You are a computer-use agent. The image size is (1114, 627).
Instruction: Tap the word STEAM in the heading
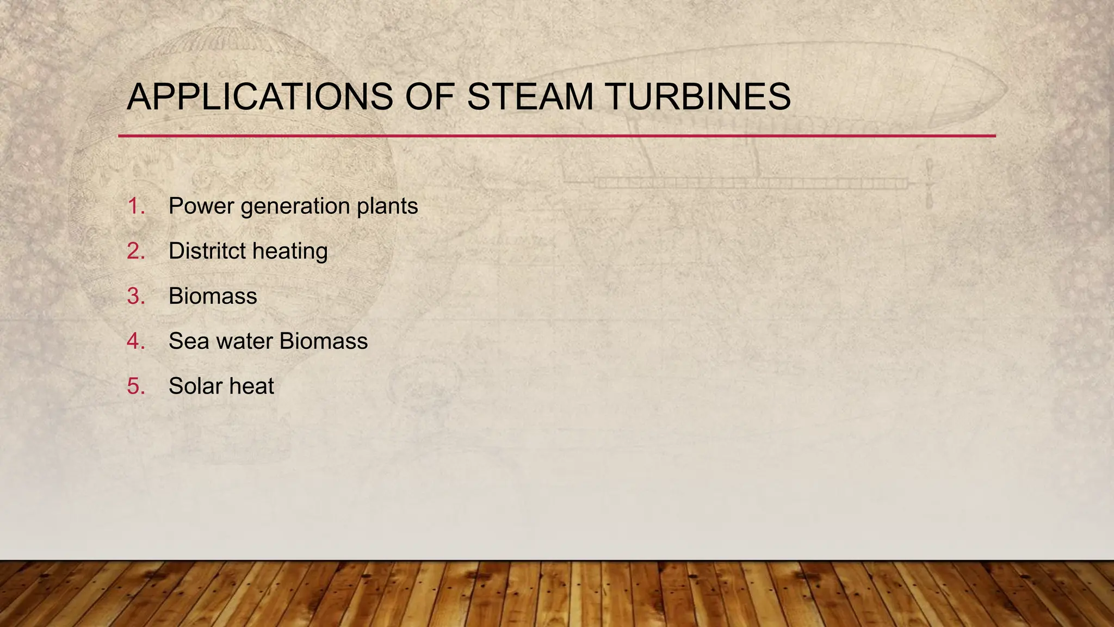[x=530, y=97]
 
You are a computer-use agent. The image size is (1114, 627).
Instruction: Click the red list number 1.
[x=135, y=206]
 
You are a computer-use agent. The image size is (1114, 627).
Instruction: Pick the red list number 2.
[x=135, y=251]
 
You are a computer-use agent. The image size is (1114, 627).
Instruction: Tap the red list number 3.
[x=135, y=297]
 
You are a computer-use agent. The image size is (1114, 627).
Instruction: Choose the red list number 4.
[x=135, y=342]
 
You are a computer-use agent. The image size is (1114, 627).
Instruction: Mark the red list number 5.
[x=135, y=386]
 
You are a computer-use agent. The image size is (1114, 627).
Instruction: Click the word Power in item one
[x=201, y=206]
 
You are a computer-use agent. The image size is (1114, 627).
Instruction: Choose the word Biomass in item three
[x=213, y=297]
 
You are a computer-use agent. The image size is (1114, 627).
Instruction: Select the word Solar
[x=195, y=386]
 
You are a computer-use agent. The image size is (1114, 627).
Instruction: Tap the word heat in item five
[x=251, y=386]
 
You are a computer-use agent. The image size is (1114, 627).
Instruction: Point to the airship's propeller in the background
[x=930, y=183]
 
